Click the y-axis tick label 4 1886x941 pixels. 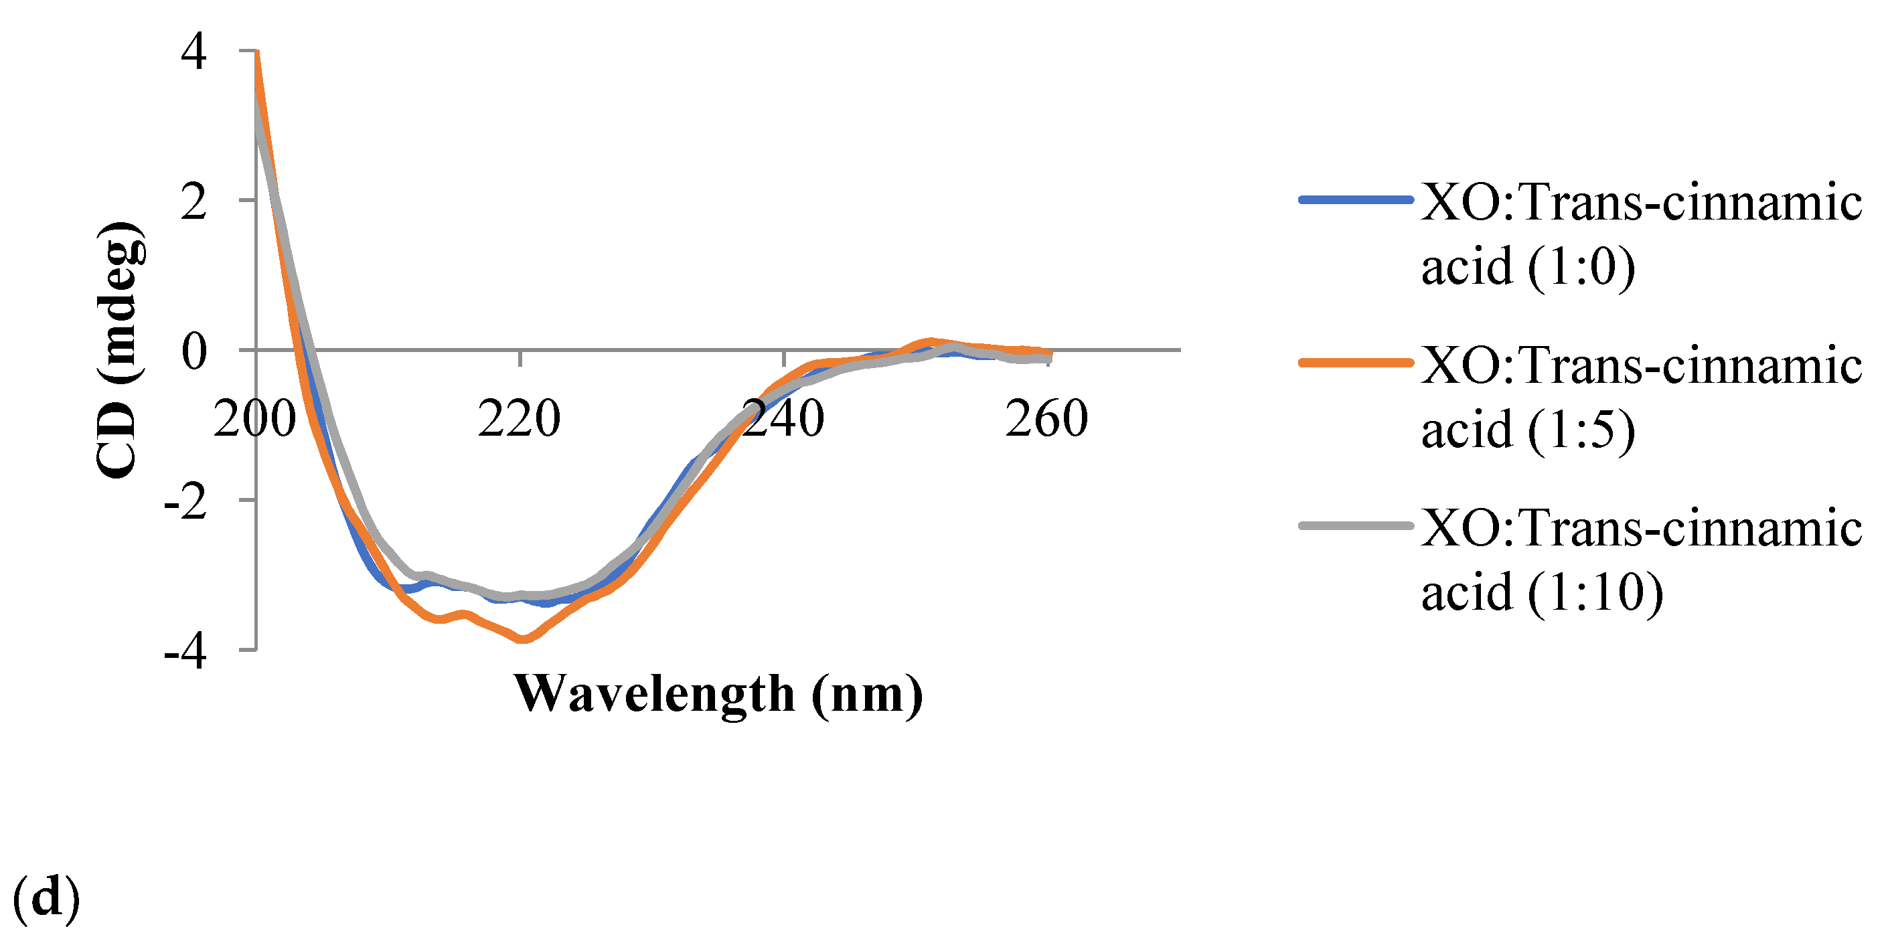tap(194, 53)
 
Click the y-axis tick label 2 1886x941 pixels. tap(194, 202)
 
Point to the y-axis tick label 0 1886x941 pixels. tap(194, 352)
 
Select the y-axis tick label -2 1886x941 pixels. tap(185, 502)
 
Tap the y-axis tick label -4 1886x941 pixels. tap(185, 652)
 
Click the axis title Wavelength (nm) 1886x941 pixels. tap(718, 693)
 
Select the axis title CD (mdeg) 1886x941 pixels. tap(119, 350)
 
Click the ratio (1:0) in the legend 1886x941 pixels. tap(1581, 267)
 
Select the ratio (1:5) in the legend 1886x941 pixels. tap(1581, 430)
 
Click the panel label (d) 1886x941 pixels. tap(46, 899)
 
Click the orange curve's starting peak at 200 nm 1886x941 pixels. tap(257, 53)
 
